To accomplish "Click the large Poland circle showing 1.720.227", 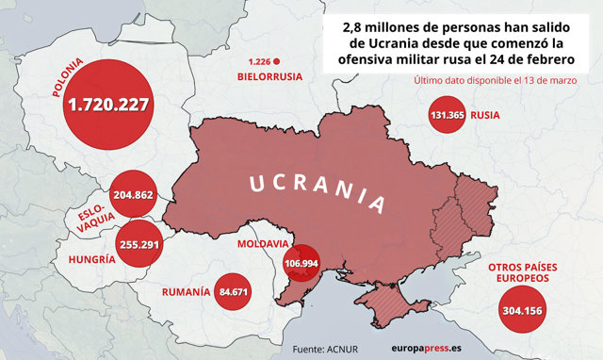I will (x=108, y=104).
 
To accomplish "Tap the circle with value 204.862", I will (x=132, y=195).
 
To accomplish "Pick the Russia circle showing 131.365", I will (x=448, y=117).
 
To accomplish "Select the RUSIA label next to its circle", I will (x=484, y=117).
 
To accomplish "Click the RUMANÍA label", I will (x=185, y=292).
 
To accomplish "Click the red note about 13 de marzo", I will (x=495, y=80).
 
